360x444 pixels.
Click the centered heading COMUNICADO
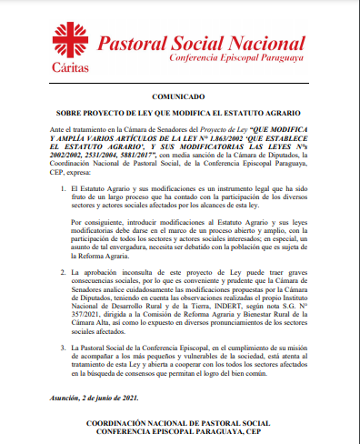pos(179,95)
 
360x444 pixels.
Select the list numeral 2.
pos(53,272)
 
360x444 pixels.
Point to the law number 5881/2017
pos(136,156)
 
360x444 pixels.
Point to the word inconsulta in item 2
pos(142,272)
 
